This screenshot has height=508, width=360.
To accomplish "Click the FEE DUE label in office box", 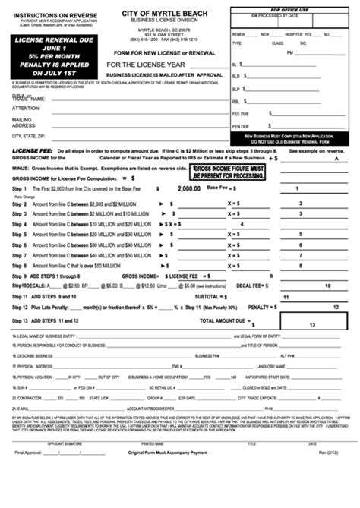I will tap(241, 113).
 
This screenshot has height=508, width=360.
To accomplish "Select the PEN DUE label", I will tap(241, 125).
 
